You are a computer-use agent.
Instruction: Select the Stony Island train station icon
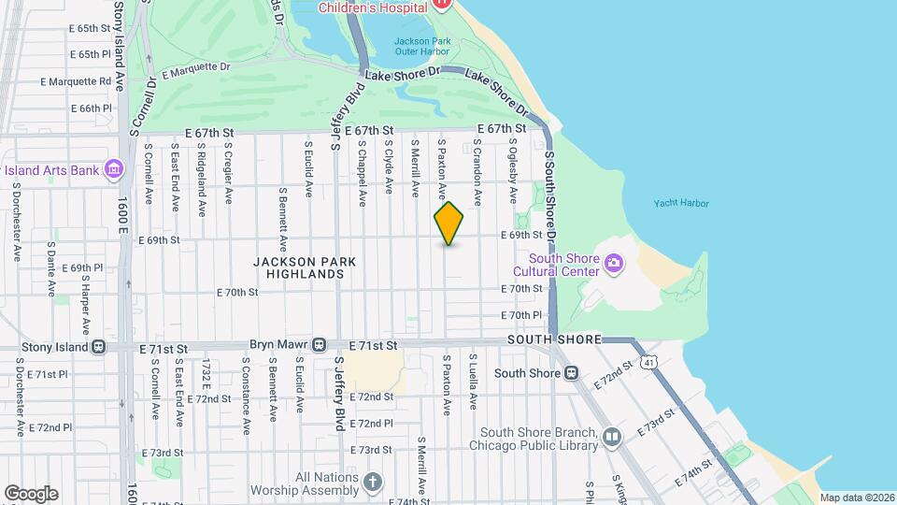pos(98,347)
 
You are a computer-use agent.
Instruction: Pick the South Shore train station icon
pos(571,372)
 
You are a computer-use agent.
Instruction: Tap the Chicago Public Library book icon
pos(611,437)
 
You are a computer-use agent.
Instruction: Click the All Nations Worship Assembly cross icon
pos(372,483)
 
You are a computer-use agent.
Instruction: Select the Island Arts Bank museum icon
pos(114,168)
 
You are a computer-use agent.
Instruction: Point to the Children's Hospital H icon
pos(442,6)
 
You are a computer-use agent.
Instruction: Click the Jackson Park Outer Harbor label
pos(422,47)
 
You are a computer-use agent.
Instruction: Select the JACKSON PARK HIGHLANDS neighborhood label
pos(299,268)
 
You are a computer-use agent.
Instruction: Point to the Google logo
pos(30,493)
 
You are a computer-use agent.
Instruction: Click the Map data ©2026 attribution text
pos(856,498)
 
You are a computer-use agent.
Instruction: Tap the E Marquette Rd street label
pos(77,81)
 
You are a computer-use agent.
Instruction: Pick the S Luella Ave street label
pos(474,382)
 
